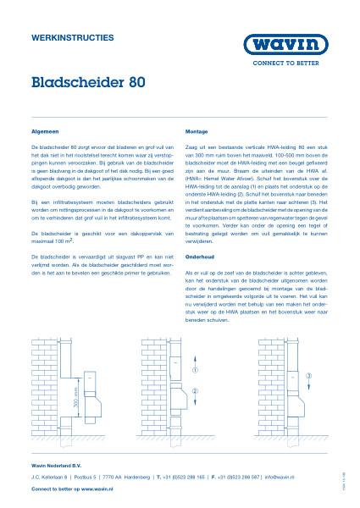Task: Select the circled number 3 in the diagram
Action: point(309,375)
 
